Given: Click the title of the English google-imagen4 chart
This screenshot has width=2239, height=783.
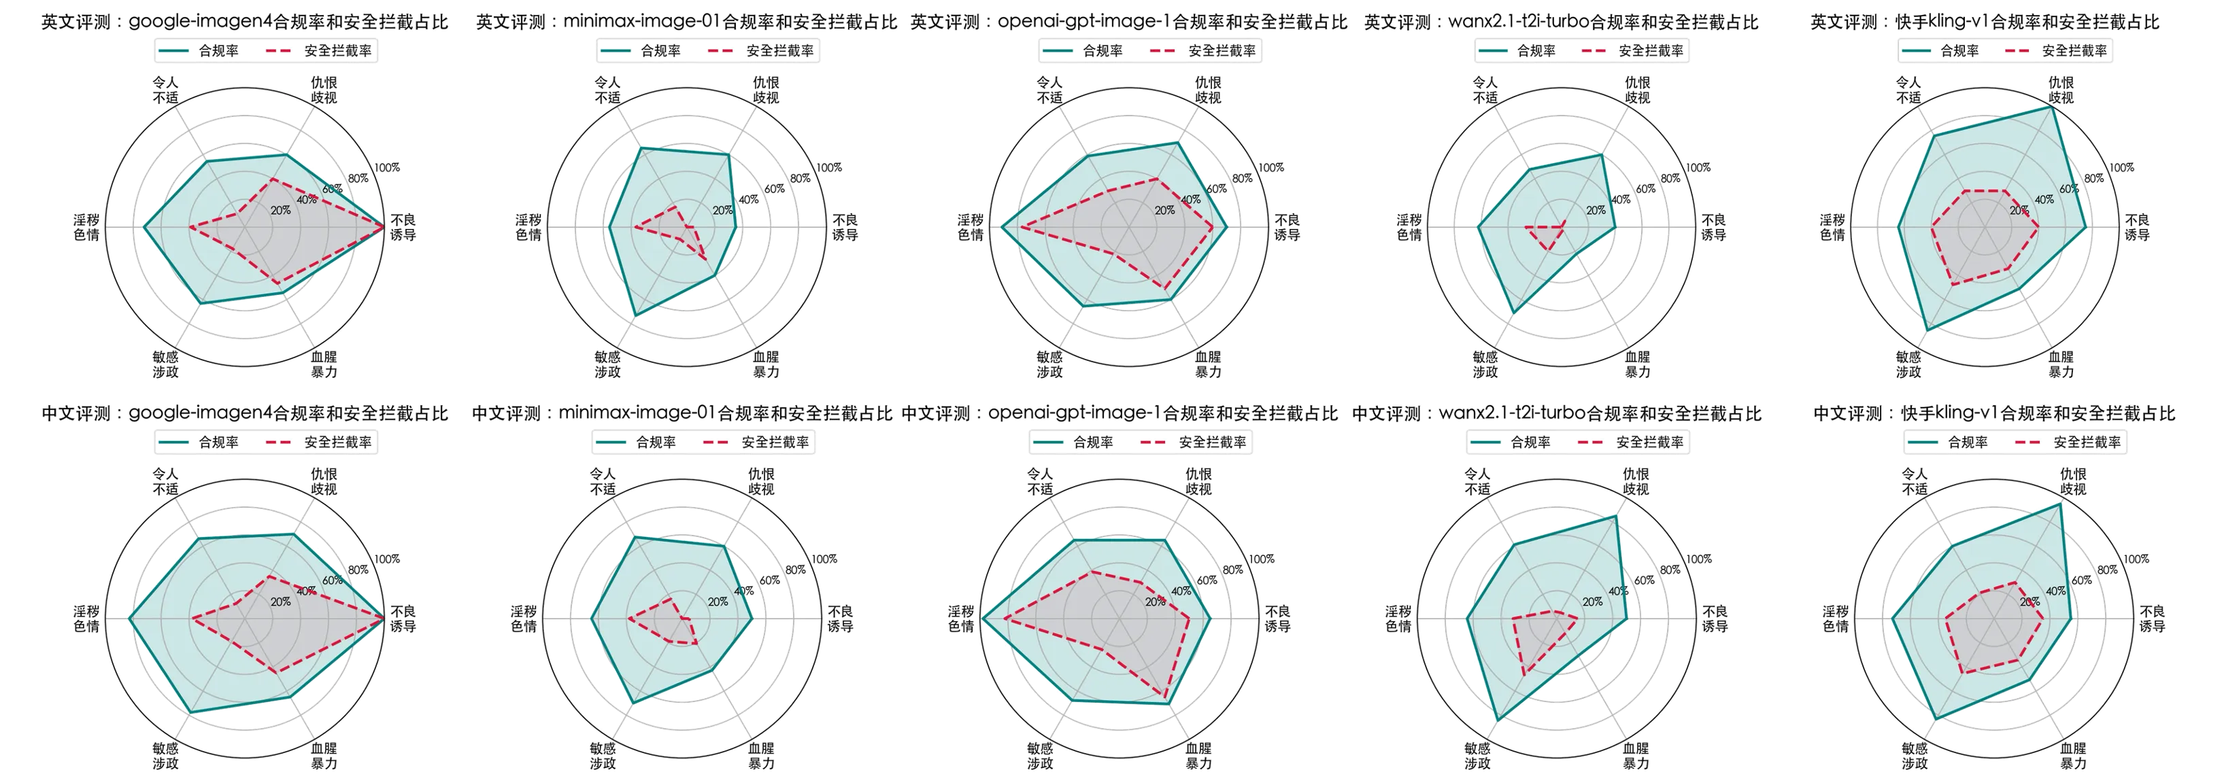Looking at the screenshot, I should (246, 22).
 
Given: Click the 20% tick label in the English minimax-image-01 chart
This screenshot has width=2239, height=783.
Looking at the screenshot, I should (722, 210).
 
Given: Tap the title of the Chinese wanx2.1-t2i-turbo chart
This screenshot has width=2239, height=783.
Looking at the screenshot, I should (1557, 415).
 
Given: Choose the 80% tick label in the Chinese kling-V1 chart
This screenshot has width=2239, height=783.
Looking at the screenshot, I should (2107, 570).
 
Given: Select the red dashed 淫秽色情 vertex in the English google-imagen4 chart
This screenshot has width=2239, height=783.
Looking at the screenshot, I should (190, 227).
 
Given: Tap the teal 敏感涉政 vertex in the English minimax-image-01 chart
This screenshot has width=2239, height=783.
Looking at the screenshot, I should (635, 315).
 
